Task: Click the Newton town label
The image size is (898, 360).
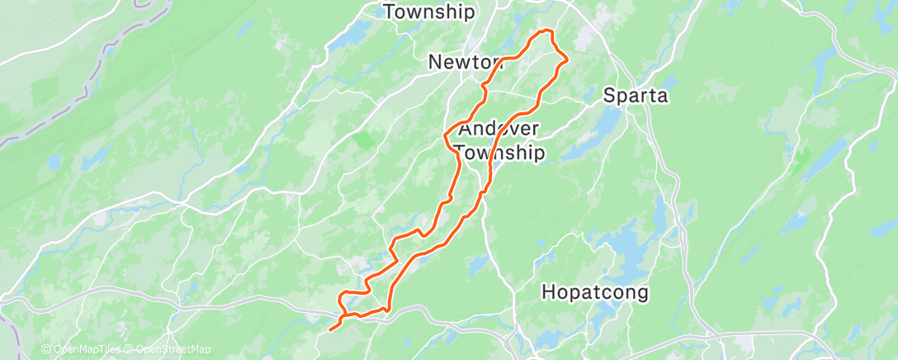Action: coord(465,63)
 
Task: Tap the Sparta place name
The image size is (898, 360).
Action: coord(635,95)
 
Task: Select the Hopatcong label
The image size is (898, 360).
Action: coord(595,292)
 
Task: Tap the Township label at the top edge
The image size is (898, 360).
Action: coord(429,12)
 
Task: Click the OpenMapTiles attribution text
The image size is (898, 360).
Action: coord(83,349)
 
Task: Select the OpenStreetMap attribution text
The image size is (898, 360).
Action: coord(170,349)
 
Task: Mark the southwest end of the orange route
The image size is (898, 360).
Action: coord(330,330)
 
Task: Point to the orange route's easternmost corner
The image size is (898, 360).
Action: coord(567,59)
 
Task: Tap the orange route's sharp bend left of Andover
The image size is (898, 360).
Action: coord(446,134)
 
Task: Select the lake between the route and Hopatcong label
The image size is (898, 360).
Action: coord(478,264)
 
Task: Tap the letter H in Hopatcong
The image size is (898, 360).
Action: coord(548,292)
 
